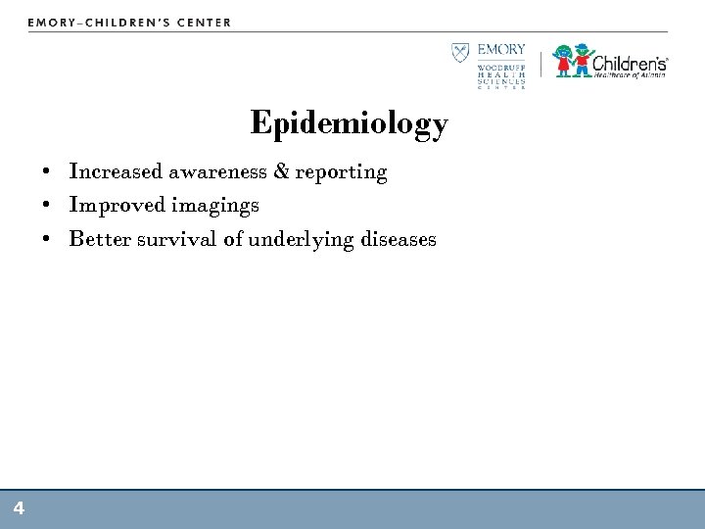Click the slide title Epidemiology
(349, 124)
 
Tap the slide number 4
(19, 507)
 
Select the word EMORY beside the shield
(501, 50)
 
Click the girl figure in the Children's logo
(565, 62)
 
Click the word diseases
(393, 240)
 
